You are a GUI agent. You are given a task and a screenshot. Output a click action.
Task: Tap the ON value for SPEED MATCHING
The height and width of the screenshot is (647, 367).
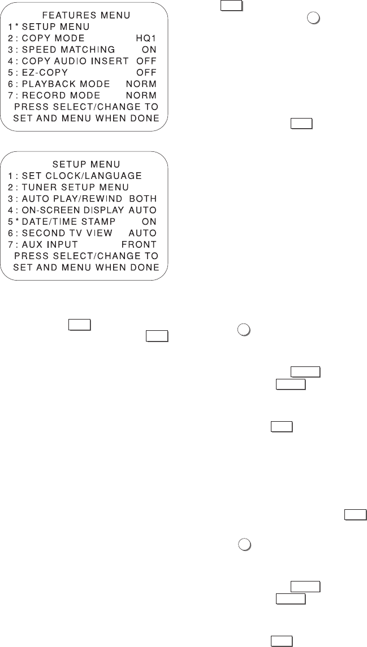click(x=149, y=49)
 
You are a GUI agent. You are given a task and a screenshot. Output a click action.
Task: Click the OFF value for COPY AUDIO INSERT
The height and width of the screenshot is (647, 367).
click(x=146, y=60)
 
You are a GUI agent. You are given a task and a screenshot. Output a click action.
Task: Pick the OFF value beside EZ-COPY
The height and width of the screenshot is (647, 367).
click(x=146, y=72)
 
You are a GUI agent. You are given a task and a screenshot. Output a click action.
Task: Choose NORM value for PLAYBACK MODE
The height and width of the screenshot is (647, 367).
click(x=141, y=83)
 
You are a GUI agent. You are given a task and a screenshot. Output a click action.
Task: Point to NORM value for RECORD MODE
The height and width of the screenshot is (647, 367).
click(x=141, y=94)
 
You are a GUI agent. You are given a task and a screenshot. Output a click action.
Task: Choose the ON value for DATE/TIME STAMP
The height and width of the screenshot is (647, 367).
click(x=149, y=221)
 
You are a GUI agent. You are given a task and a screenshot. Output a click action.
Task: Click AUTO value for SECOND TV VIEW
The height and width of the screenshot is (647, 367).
click(x=143, y=233)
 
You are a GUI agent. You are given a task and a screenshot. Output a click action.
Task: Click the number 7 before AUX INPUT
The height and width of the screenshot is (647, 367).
click(x=11, y=244)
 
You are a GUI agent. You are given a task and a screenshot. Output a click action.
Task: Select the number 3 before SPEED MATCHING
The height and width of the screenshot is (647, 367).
click(x=11, y=49)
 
